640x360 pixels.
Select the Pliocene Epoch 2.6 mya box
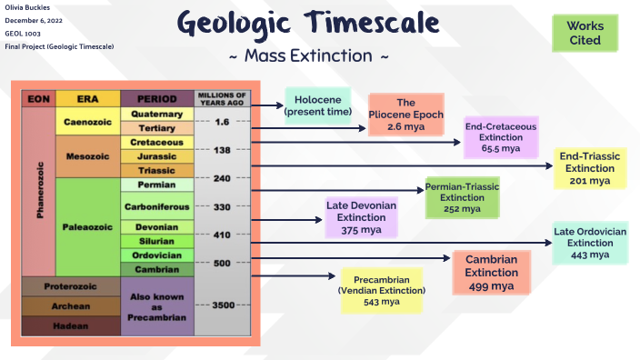click(406, 115)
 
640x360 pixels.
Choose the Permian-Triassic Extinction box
click(462, 197)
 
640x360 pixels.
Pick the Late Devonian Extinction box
click(362, 217)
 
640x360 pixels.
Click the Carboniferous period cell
click(156, 206)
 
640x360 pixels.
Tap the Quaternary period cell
click(156, 114)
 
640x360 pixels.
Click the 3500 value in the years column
click(222, 305)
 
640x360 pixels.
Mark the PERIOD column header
click(156, 97)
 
